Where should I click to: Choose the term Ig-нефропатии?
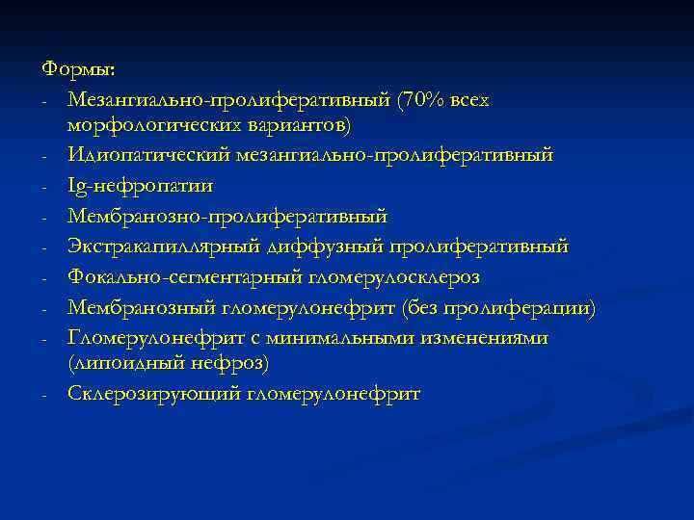141,185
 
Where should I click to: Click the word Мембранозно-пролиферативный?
227,216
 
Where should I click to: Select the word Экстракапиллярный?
162,247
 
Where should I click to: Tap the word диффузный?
323,247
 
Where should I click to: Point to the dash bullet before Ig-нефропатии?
45,186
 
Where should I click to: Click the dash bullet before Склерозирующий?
45,395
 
